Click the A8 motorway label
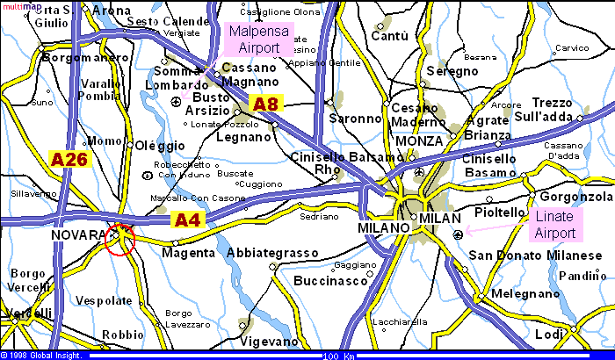click(x=265, y=104)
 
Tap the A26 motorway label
click(x=69, y=160)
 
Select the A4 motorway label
click(x=186, y=220)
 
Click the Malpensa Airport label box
click(x=259, y=40)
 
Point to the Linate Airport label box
click(x=555, y=225)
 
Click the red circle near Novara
click(x=119, y=239)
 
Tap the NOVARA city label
click(x=77, y=235)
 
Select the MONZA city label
click(x=419, y=141)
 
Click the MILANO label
click(x=384, y=227)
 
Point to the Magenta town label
click(x=188, y=253)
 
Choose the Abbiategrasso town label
click(x=272, y=253)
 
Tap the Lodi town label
click(x=549, y=335)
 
